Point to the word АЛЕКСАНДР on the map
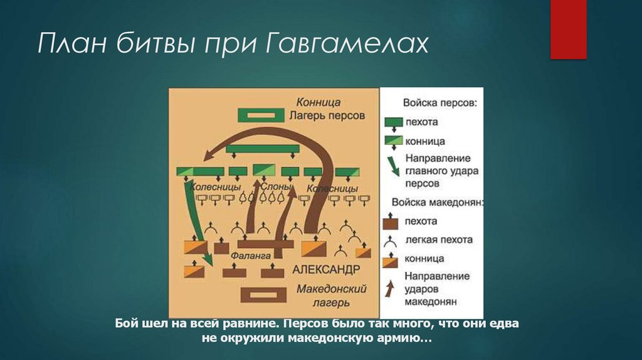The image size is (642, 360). (x=326, y=269)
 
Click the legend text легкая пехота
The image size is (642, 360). (x=439, y=240)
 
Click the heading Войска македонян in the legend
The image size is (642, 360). (x=437, y=202)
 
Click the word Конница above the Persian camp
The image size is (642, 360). (x=318, y=102)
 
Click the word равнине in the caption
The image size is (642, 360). (x=249, y=324)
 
